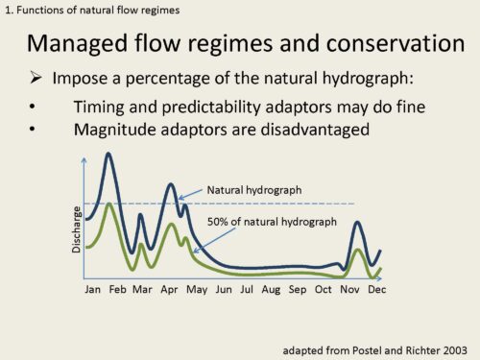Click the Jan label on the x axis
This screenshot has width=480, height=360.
point(92,290)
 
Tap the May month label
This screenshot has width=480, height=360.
point(197,290)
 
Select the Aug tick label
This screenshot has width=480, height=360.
point(271,290)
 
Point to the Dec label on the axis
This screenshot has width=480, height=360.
point(377,290)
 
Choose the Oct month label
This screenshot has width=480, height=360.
point(324,290)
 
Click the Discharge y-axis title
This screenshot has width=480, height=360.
point(76,229)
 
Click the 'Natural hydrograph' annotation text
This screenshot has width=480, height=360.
point(254,190)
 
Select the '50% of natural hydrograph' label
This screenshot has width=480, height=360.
point(272,222)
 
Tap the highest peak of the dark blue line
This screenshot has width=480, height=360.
point(108,154)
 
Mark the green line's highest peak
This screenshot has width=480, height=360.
point(109,204)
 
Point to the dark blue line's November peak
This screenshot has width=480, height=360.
point(357,222)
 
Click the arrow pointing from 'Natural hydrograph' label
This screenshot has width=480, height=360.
point(190,194)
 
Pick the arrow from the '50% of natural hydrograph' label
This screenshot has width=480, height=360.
point(214,241)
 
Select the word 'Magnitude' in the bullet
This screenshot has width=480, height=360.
point(115,131)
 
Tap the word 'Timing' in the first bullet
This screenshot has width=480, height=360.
point(99,108)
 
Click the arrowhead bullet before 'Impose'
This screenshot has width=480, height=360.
point(36,78)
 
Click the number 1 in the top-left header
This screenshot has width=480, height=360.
point(8,11)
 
